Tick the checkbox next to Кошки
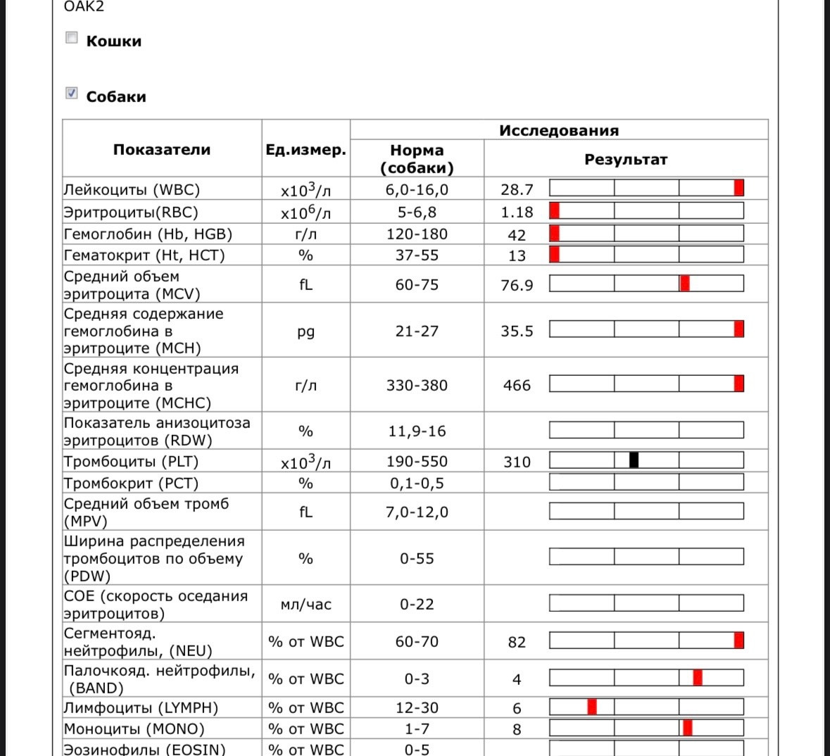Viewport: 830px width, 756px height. click(71, 38)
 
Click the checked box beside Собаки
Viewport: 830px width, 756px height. click(71, 93)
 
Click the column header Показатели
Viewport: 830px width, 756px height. click(162, 149)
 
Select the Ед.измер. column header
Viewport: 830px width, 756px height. click(306, 150)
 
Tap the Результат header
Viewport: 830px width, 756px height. click(625, 160)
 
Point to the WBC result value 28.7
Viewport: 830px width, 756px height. click(517, 189)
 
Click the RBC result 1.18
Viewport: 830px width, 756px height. click(517, 212)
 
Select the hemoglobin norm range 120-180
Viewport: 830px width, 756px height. click(417, 234)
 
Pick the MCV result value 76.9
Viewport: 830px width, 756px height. click(517, 285)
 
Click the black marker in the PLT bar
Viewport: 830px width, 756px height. click(634, 460)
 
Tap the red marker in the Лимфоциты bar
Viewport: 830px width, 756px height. click(592, 706)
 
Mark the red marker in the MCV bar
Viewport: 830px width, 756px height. click(684, 283)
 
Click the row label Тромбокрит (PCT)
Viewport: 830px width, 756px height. click(131, 484)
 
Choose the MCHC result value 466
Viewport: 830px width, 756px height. click(517, 385)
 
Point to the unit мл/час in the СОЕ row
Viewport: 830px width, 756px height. click(306, 605)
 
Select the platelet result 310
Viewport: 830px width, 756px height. click(517, 462)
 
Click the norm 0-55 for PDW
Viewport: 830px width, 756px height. click(417, 559)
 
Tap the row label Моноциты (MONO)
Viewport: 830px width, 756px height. click(134, 729)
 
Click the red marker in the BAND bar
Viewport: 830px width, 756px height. click(697, 677)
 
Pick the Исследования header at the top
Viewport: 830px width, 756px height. click(559, 130)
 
